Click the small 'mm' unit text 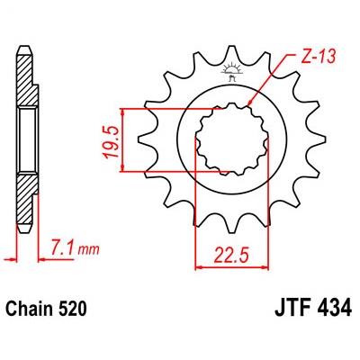point(88,250)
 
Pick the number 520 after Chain point(71,309)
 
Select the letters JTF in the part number point(292,309)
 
